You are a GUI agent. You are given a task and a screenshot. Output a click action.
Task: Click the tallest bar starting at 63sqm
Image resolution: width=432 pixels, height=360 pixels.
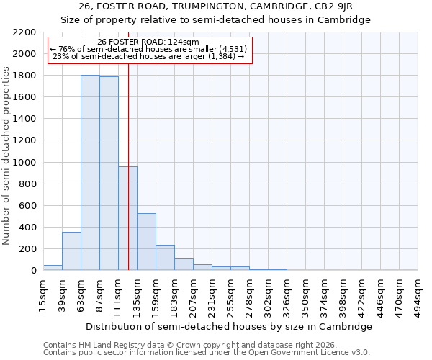pyautogui.click(x=90, y=173)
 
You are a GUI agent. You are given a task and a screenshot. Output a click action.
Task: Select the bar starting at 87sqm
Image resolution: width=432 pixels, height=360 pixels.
pyautogui.click(x=109, y=174)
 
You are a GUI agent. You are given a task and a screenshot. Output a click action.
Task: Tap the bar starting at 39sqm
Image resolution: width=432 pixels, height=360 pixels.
pyautogui.click(x=71, y=251)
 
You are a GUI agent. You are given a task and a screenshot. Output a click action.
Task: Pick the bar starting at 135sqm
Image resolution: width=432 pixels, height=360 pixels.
pyautogui.click(x=146, y=242)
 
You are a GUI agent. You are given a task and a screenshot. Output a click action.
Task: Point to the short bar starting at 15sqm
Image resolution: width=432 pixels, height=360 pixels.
pyautogui.click(x=53, y=268)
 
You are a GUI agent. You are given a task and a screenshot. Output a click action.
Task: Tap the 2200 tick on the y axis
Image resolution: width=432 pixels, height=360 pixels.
pyautogui.click(x=26, y=32)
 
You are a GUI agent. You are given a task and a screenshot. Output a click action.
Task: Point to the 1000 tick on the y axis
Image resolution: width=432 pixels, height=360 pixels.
pyautogui.click(x=26, y=163)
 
